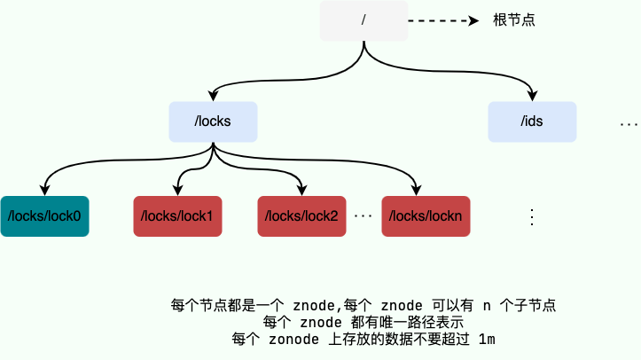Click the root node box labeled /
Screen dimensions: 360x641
pyautogui.click(x=363, y=20)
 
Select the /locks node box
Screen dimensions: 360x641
pyautogui.click(x=213, y=121)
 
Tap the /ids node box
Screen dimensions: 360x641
pyautogui.click(x=532, y=121)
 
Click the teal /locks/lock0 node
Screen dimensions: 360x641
pyautogui.click(x=44, y=215)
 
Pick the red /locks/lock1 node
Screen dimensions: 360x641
pyautogui.click(x=178, y=215)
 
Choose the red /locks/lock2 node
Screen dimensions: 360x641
pyautogui.click(x=302, y=215)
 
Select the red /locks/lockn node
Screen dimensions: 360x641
pyautogui.click(x=426, y=215)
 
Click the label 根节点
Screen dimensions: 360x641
pyautogui.click(x=515, y=20)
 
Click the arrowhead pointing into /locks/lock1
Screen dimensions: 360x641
pyautogui.click(x=178, y=190)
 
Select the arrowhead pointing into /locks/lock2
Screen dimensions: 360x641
pyautogui.click(x=302, y=190)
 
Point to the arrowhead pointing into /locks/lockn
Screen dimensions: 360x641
pyautogui.click(x=417, y=190)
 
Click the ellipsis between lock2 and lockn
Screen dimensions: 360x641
pyautogui.click(x=363, y=215)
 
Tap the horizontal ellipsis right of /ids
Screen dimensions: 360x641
pyautogui.click(x=629, y=124)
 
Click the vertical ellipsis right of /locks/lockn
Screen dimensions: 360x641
pyautogui.click(x=532, y=216)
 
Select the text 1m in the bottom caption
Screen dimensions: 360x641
pyautogui.click(x=487, y=340)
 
